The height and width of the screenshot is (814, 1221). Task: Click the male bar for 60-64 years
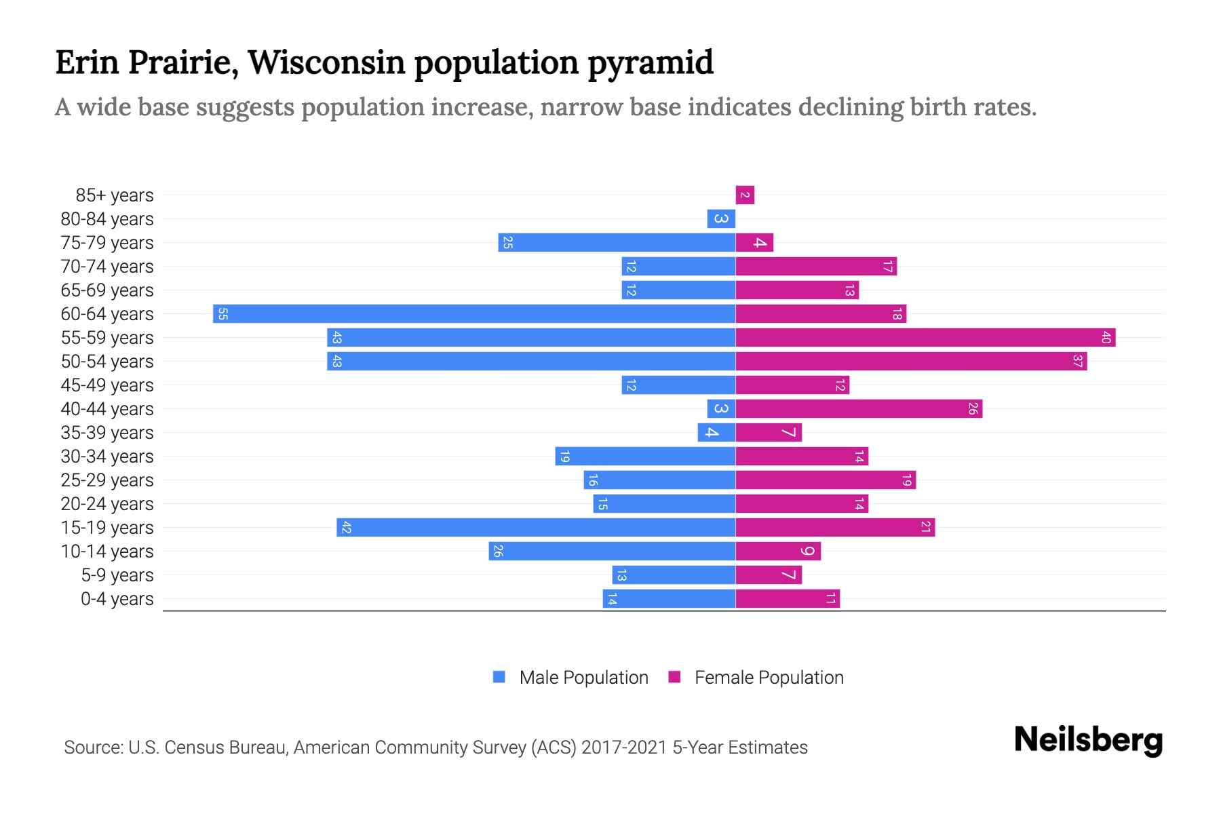point(475,314)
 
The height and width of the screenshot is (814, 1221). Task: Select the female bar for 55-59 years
point(925,338)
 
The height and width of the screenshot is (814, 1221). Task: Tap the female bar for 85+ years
point(745,195)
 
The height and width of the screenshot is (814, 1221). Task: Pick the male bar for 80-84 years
point(721,219)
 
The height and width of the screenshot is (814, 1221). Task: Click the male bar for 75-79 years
point(617,243)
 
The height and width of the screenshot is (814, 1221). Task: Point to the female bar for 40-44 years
point(859,409)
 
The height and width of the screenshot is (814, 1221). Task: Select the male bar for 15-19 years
point(536,528)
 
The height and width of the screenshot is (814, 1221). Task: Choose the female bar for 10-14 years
point(778,551)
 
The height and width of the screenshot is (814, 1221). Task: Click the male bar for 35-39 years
point(716,433)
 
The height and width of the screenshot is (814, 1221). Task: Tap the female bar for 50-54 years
point(911,362)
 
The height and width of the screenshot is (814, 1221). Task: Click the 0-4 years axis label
point(117,599)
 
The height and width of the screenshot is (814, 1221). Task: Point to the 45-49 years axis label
point(107,385)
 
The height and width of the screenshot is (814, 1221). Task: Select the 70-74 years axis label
point(107,267)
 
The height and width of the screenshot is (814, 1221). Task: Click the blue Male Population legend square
point(499,677)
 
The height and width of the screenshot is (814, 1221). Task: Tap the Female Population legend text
point(769,678)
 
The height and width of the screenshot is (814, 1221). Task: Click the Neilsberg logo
point(1088,740)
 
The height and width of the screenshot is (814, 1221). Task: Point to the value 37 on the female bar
point(1077,362)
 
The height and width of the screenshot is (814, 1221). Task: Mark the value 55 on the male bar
point(222,314)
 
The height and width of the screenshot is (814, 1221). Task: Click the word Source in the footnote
point(93,748)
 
